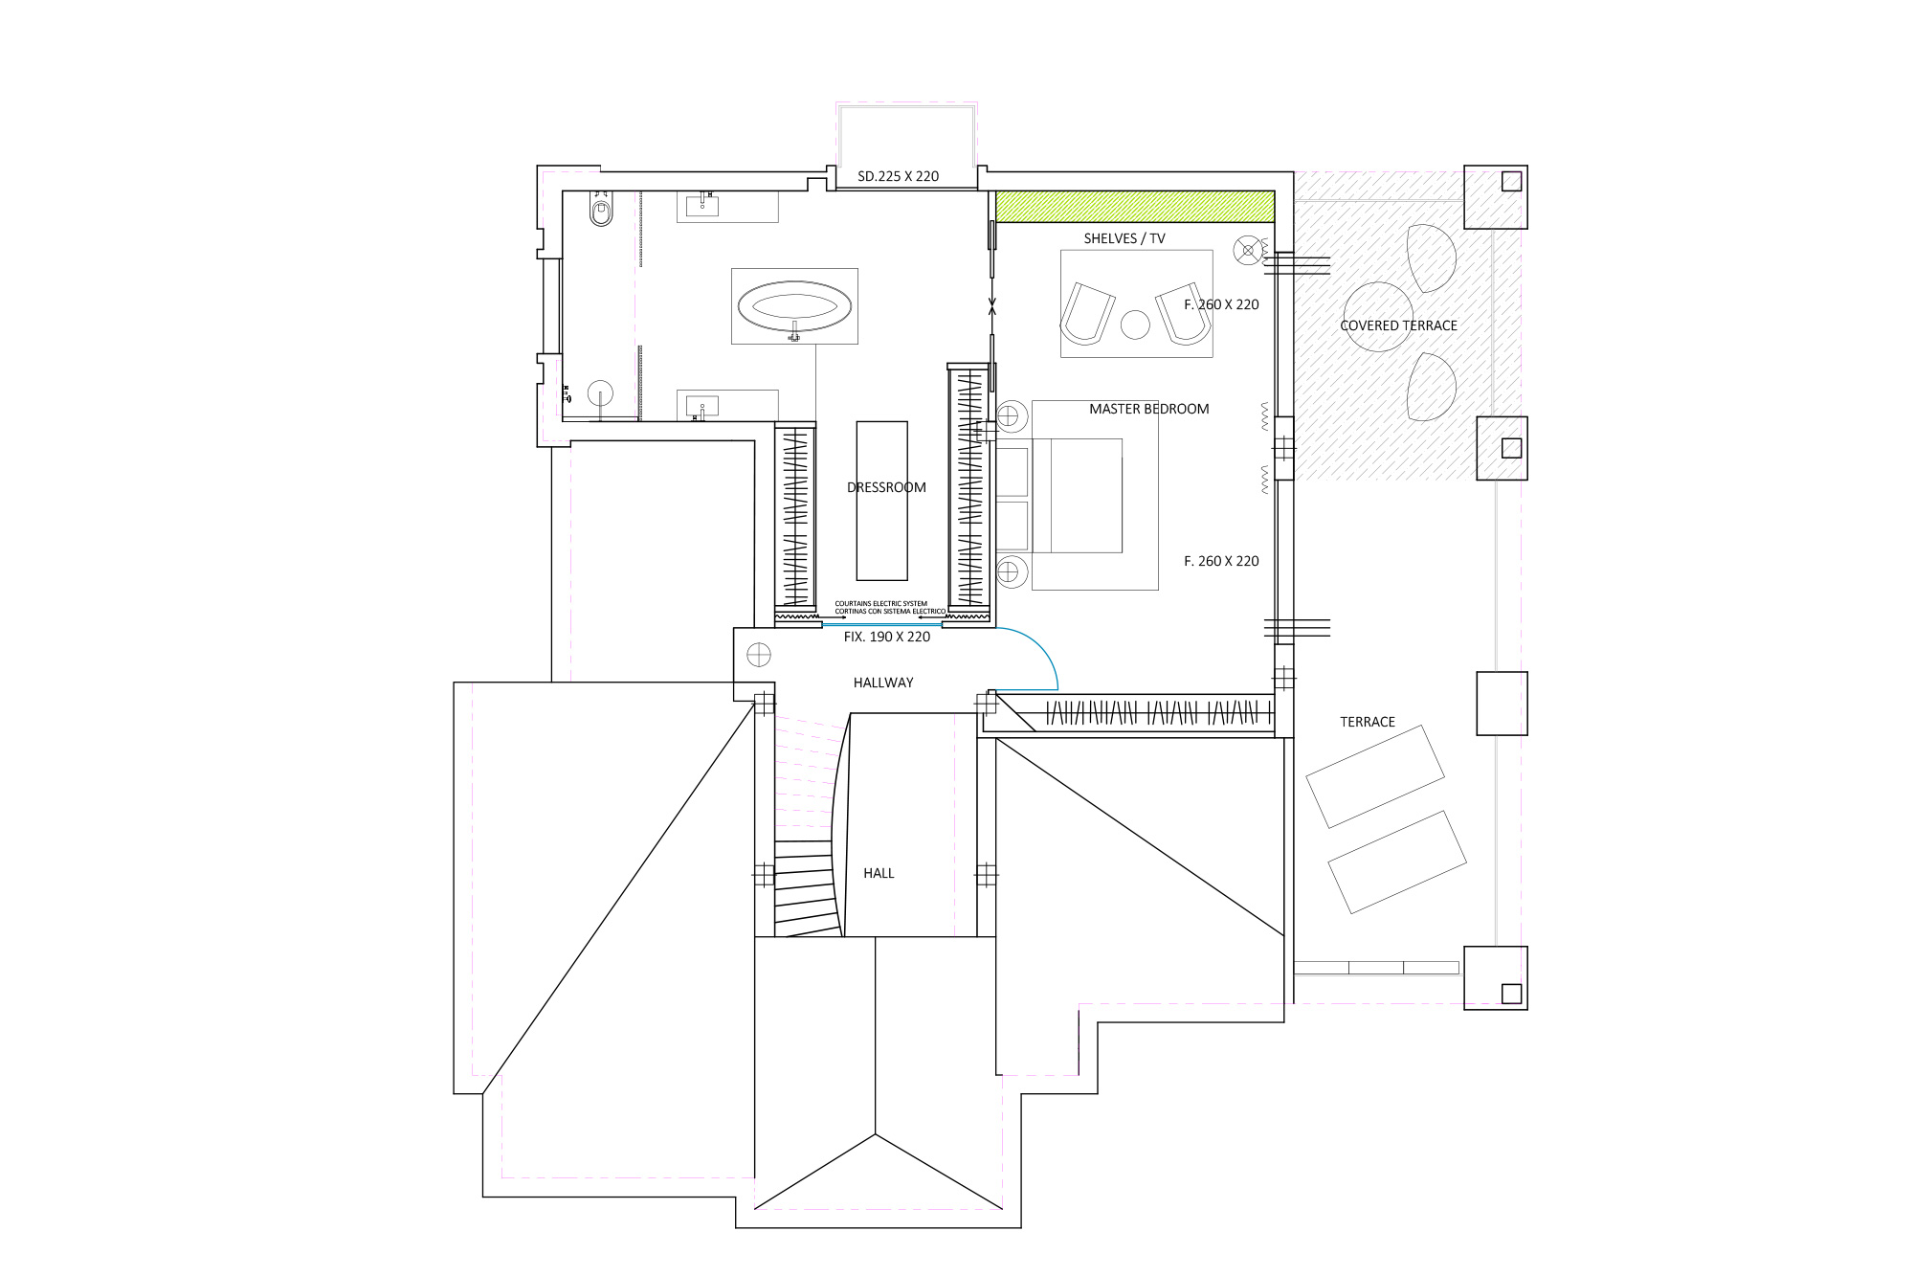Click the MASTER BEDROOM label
tap(1148, 409)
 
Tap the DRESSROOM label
tap(886, 487)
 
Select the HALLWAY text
tap(883, 683)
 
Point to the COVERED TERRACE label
tap(1398, 325)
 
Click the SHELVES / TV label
tap(1124, 238)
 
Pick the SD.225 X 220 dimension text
tap(898, 176)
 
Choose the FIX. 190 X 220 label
tap(887, 637)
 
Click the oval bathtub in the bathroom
tap(794, 306)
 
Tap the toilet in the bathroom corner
tap(601, 211)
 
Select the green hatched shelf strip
tap(1135, 207)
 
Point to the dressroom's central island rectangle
tap(881, 501)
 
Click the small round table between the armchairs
tap(1135, 325)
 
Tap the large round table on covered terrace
tap(1377, 317)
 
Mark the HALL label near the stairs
tap(879, 873)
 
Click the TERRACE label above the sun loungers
tap(1368, 722)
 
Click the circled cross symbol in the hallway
tap(759, 655)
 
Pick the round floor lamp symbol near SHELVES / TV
tap(1248, 250)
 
